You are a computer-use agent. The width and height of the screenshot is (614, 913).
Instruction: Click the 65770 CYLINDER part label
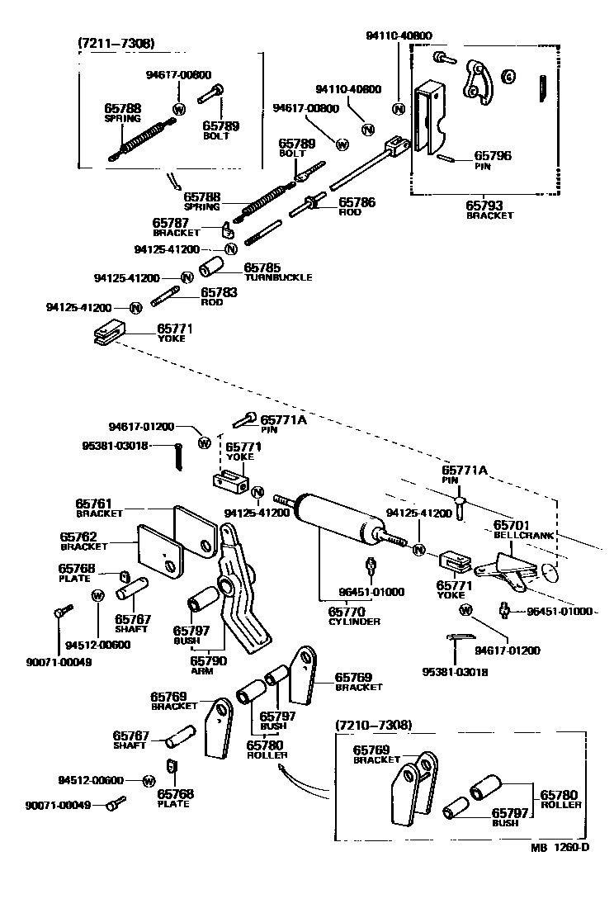pos(354,616)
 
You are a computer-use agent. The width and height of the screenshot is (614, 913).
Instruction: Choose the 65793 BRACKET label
pos(489,210)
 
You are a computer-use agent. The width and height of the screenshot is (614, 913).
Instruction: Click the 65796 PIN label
pos(491,158)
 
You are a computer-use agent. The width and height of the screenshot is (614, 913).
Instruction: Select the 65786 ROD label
pos(357,206)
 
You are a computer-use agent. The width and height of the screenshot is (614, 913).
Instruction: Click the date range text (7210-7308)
pos(374,725)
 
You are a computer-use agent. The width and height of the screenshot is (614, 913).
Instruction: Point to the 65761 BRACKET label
pos(99,508)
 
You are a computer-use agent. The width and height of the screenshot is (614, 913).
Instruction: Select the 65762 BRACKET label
pos(84,541)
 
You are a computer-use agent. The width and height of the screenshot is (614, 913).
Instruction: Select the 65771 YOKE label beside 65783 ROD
pos(175,333)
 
